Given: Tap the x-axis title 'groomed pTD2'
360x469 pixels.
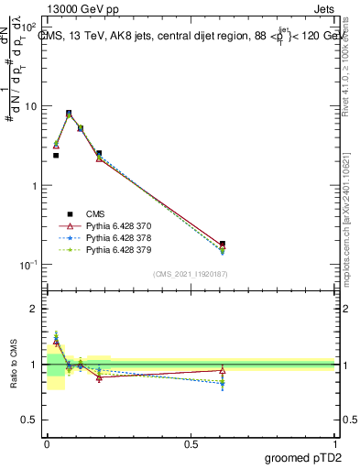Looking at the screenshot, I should (x=302, y=457).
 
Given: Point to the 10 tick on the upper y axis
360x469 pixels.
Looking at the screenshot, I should (x=32, y=106).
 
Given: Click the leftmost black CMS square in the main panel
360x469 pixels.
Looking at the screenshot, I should (x=56, y=156).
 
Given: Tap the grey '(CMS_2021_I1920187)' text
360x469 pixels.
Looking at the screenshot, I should (x=191, y=274).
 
